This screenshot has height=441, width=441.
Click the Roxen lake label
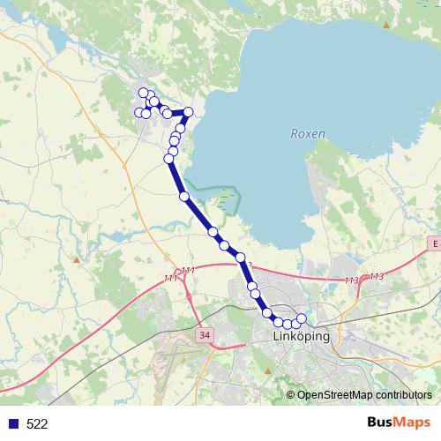(307, 134)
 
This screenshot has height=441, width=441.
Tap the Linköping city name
(301, 337)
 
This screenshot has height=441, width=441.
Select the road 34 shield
(206, 335)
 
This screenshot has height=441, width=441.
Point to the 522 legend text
(37, 424)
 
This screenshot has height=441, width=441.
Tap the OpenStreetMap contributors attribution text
(364, 395)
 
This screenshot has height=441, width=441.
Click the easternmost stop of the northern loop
(188, 112)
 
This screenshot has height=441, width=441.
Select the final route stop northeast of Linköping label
(302, 318)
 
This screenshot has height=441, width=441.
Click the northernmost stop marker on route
(143, 93)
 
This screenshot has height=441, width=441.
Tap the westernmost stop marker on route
(138, 112)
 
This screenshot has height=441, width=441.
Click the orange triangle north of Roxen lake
(386, 26)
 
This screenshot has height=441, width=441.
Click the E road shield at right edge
(434, 242)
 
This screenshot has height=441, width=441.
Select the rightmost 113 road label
(377, 277)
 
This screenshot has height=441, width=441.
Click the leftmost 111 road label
(171, 278)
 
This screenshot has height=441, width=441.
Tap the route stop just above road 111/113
(241, 257)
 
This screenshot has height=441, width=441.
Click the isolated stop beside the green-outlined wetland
(184, 197)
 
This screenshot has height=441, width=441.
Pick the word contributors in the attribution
(402, 395)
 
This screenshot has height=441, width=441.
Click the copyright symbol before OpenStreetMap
(290, 395)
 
